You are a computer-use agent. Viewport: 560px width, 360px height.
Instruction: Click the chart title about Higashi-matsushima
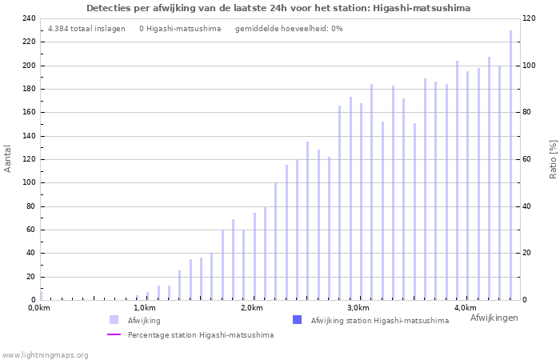click(278, 8)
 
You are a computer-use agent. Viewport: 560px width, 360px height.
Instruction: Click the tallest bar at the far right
click(510, 165)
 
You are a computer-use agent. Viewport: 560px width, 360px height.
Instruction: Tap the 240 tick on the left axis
click(28, 18)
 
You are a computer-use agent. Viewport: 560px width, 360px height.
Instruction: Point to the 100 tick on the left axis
click(28, 182)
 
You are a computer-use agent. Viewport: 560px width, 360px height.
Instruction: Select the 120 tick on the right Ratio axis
click(552, 18)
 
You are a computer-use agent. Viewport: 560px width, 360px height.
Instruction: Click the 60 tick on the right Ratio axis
click(550, 159)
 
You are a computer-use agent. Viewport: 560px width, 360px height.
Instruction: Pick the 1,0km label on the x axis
click(145, 308)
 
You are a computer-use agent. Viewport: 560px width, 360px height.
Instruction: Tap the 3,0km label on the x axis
click(358, 308)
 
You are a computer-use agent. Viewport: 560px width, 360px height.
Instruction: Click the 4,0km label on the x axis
click(465, 308)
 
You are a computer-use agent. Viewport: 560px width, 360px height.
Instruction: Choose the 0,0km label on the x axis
click(39, 308)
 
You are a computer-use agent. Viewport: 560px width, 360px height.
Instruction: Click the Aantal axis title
click(8, 158)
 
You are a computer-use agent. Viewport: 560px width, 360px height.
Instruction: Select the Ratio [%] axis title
click(553, 158)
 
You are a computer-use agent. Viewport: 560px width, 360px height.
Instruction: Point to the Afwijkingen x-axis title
click(494, 318)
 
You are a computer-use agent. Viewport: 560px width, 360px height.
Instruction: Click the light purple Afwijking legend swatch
click(114, 320)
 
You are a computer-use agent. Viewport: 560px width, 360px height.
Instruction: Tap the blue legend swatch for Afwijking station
click(297, 320)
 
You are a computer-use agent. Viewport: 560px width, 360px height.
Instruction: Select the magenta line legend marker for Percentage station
click(114, 334)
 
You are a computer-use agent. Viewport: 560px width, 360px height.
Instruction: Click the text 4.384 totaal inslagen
click(86, 29)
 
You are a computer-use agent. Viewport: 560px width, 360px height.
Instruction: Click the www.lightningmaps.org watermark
click(46, 354)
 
